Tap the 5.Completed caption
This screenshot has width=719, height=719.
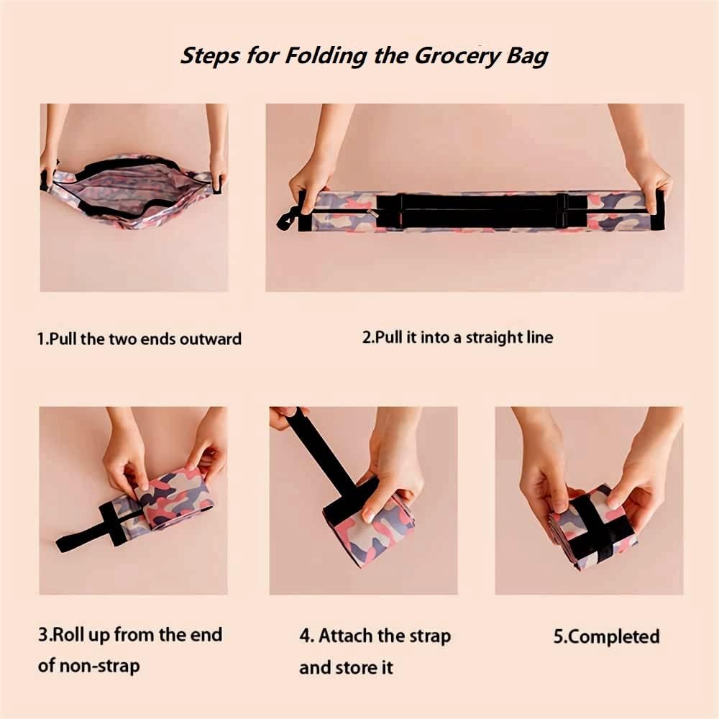tap(606, 636)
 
